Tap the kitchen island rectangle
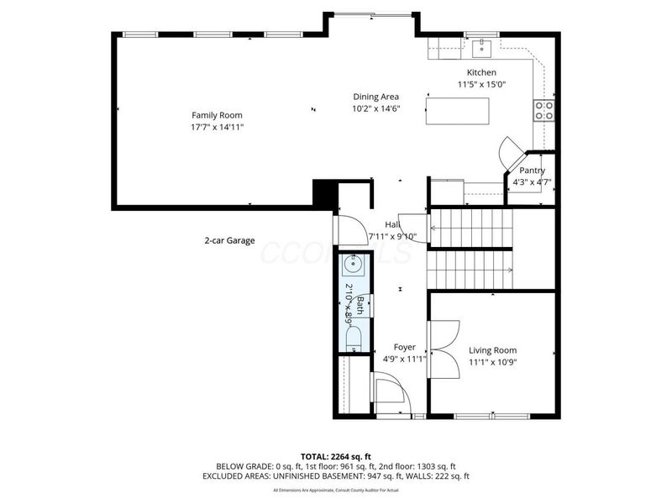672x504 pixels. (x=458, y=111)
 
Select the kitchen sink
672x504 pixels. (x=483, y=46)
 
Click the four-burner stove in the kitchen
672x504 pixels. (x=543, y=110)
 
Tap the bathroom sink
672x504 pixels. (x=353, y=265)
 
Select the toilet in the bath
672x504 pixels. (x=353, y=339)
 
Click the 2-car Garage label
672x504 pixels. (x=229, y=240)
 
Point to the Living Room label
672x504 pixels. (x=492, y=350)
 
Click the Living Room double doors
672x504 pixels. (x=439, y=339)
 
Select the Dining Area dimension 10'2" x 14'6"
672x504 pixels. (x=375, y=108)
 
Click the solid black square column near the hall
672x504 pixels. (x=323, y=192)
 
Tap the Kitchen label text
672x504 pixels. (x=481, y=73)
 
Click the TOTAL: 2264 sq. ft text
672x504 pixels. (x=336, y=456)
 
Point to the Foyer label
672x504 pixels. (x=405, y=347)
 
